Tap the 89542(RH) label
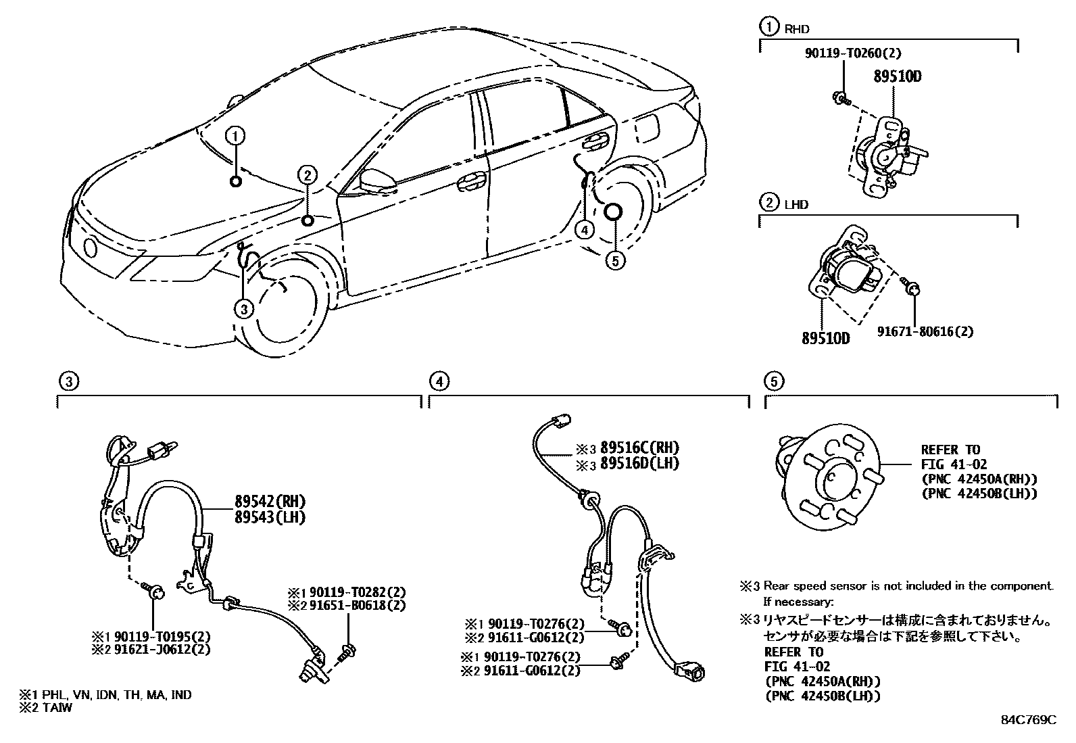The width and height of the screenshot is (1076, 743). [x=270, y=502]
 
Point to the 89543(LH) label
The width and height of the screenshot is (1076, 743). [x=270, y=517]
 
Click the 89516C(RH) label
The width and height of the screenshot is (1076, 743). [x=639, y=448]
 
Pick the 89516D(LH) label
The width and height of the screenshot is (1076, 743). [x=639, y=463]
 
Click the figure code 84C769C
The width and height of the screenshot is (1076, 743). [x=1028, y=719]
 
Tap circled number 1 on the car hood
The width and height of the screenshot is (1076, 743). [x=235, y=137]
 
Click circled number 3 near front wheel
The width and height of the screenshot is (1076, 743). [x=244, y=309]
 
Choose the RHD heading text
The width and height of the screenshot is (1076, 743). [x=796, y=29]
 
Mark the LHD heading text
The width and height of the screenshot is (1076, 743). [x=796, y=203]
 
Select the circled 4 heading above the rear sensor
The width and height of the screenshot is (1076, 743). [x=439, y=382]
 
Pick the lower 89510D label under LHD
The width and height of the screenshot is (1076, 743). [x=825, y=337]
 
